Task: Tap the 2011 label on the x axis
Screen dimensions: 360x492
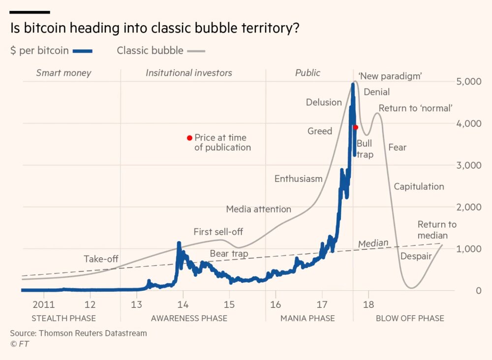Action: pyautogui.click(x=44, y=303)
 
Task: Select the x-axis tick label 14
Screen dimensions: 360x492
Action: pyautogui.click(x=183, y=303)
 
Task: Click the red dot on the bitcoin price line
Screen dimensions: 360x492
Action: pyautogui.click(x=355, y=127)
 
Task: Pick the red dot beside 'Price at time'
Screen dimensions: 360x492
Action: pyautogui.click(x=189, y=138)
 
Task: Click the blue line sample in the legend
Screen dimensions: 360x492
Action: pyautogui.click(x=83, y=51)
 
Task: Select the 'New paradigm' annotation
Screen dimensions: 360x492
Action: pyautogui.click(x=391, y=76)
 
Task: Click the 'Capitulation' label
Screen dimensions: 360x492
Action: pyautogui.click(x=419, y=186)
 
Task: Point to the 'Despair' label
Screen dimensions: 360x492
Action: pyautogui.click(x=416, y=256)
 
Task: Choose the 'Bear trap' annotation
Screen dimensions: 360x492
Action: pyautogui.click(x=229, y=254)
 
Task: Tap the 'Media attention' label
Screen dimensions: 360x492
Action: pyautogui.click(x=258, y=209)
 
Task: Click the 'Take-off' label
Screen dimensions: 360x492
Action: pyautogui.click(x=101, y=259)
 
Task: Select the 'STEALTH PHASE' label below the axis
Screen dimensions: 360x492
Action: pyautogui.click(x=63, y=318)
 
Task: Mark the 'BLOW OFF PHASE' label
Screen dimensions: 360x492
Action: pyautogui.click(x=410, y=318)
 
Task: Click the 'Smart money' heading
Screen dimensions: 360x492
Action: pyautogui.click(x=64, y=73)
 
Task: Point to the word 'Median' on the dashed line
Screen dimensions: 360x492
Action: pyautogui.click(x=373, y=243)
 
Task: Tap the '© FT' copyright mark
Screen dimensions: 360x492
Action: pyautogui.click(x=20, y=344)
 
